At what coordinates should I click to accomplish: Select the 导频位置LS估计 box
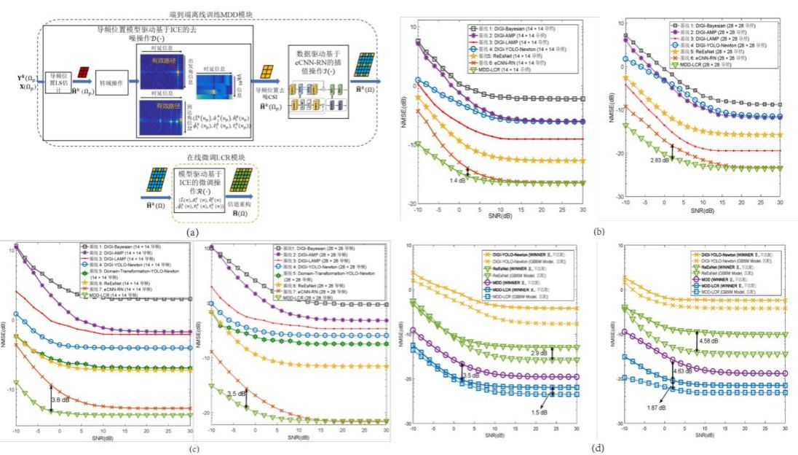pos(58,82)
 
